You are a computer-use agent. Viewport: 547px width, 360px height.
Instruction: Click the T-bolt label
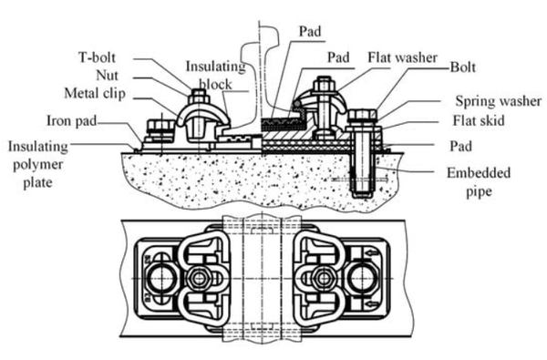(x=97, y=57)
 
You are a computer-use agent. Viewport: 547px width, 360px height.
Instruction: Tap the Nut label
(x=107, y=76)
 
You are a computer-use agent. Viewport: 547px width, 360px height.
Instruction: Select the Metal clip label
(x=95, y=94)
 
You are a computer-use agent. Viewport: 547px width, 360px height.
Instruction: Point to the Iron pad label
(x=71, y=120)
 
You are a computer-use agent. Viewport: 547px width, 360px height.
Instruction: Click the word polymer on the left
(x=37, y=165)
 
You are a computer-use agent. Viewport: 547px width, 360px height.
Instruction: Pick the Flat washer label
(x=403, y=57)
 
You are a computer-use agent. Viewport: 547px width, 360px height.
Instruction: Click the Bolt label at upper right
(x=463, y=67)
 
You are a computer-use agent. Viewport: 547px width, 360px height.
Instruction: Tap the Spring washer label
(x=499, y=101)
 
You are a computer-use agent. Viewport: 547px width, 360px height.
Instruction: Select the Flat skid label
(x=479, y=120)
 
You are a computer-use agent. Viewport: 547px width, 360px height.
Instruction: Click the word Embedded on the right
(x=479, y=173)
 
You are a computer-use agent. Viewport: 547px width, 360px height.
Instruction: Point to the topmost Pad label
(x=310, y=31)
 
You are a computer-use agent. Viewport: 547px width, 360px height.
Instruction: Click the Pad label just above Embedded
(x=460, y=147)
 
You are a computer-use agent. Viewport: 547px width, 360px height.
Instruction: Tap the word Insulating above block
(x=215, y=67)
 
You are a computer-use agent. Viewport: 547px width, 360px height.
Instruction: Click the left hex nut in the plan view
(x=199, y=278)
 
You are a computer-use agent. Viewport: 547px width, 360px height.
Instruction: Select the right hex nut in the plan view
(x=324, y=278)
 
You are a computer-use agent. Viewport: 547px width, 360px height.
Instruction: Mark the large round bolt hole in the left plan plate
(x=162, y=278)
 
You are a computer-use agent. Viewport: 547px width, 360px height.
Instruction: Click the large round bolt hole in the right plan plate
(x=362, y=278)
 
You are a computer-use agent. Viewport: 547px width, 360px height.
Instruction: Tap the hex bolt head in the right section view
(x=363, y=115)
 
